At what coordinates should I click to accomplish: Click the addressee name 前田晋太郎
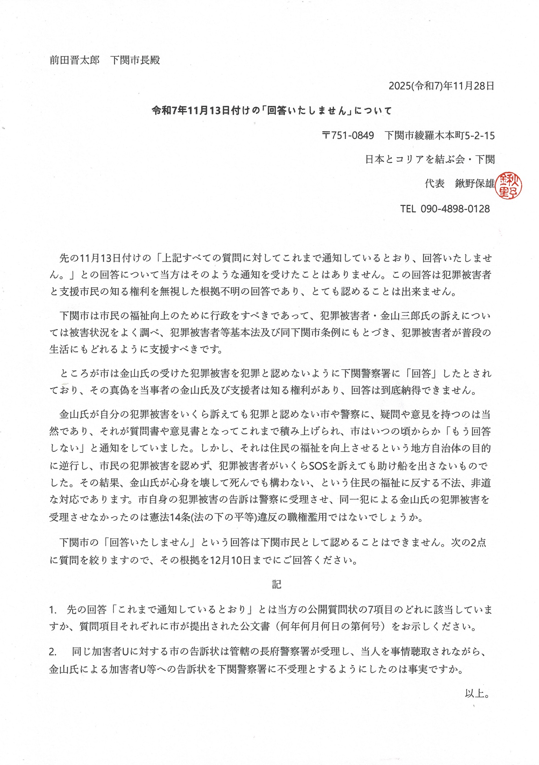[74, 60]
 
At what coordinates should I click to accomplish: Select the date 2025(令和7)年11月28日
[441, 86]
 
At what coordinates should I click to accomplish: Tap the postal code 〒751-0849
[348, 136]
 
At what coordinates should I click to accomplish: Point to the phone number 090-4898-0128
[455, 209]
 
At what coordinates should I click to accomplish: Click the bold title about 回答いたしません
[272, 110]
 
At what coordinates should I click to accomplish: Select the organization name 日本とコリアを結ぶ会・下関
[430, 159]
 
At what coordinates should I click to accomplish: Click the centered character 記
[276, 585]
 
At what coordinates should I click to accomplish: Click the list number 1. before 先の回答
[53, 610]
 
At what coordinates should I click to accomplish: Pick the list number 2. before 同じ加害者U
[53, 652]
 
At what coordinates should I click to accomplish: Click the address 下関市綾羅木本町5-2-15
[440, 136]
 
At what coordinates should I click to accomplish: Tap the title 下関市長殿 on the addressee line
[135, 60]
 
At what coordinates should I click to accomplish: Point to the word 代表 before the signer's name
[434, 183]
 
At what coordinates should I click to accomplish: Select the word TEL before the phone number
[408, 209]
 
